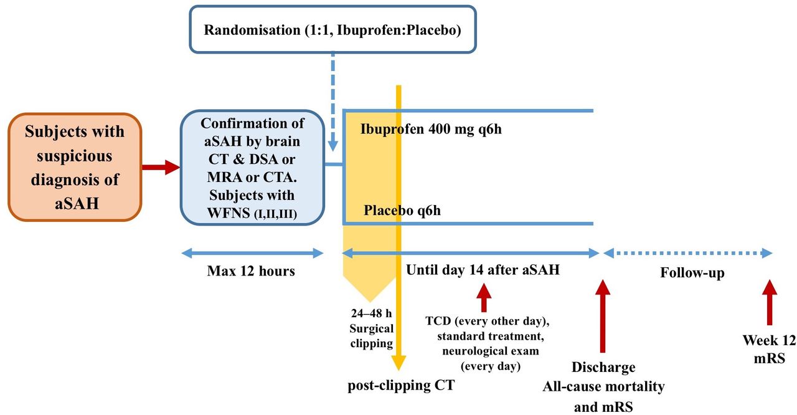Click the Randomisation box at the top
(332, 29)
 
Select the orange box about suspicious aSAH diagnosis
(75, 167)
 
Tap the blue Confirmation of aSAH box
(252, 167)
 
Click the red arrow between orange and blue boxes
(161, 167)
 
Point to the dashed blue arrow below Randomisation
(332, 102)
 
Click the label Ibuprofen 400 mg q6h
(431, 129)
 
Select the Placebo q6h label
(402, 211)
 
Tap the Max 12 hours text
(251, 271)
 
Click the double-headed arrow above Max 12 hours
(252, 254)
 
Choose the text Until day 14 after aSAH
(483, 270)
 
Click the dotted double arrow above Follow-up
(688, 254)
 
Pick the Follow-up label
(692, 273)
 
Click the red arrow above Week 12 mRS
(769, 302)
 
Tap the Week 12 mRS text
(769, 349)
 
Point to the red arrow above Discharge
(602, 316)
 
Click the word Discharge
(603, 367)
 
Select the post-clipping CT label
(401, 385)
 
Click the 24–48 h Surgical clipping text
(372, 328)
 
